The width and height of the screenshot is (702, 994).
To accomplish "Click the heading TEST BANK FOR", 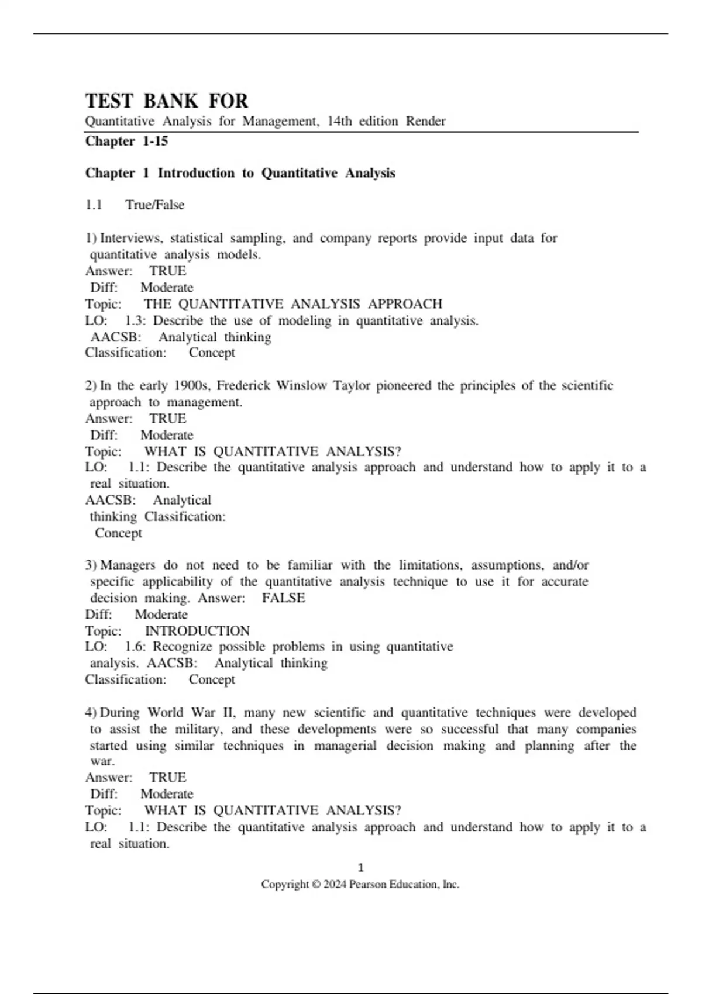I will (167, 101).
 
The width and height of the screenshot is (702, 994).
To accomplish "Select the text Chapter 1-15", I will (126, 141).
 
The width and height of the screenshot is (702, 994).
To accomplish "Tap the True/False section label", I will (154, 205).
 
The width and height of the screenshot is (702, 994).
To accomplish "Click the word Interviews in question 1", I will (132, 238).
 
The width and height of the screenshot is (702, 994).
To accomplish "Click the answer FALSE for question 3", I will (283, 598).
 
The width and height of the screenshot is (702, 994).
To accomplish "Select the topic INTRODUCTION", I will (197, 631).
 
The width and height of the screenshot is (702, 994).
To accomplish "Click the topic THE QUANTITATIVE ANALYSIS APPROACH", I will (293, 304).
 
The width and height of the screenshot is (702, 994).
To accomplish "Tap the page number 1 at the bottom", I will (360, 868).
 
